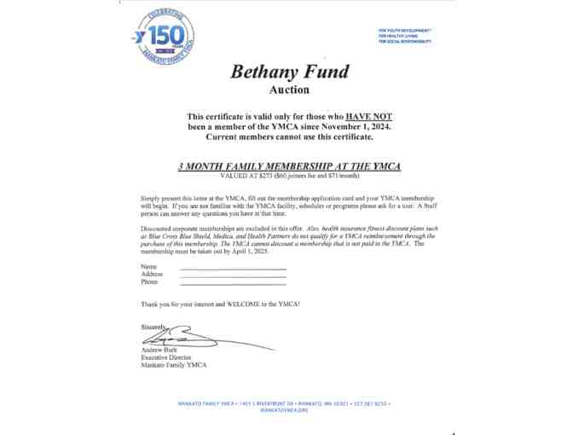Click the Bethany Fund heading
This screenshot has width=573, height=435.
click(x=290, y=72)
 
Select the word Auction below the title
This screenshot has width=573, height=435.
click(x=289, y=90)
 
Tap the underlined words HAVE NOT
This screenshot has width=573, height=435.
click(x=368, y=116)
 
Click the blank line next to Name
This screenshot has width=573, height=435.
click(x=233, y=268)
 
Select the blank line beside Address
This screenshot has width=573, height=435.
click(x=233, y=275)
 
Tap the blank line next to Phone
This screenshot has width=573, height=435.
click(x=233, y=282)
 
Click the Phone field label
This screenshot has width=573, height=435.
click(x=149, y=282)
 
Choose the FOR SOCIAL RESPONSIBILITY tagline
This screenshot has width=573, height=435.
click(x=405, y=41)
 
